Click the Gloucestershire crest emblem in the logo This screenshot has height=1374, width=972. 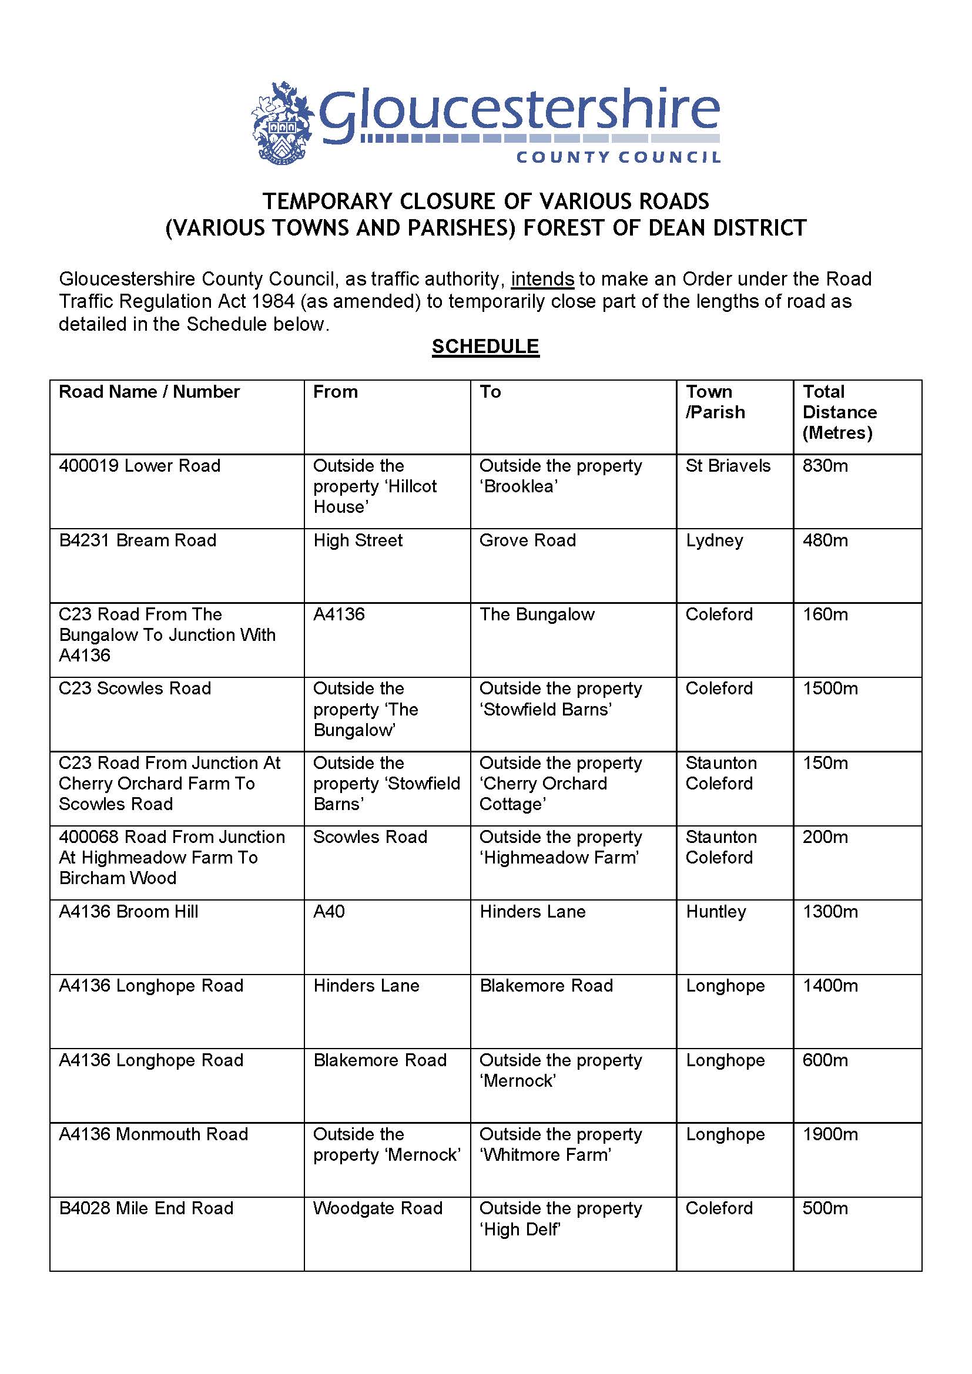coord(282,123)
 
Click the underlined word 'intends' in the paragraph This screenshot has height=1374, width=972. coord(542,279)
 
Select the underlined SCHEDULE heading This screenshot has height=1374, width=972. coord(485,347)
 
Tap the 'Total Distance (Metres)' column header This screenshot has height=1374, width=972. coord(839,412)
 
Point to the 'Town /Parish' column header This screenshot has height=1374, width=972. coord(715,402)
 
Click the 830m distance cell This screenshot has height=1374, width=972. coord(824,466)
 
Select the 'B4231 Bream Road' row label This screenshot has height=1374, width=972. coord(138,540)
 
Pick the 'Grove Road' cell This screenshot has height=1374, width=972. coord(527,540)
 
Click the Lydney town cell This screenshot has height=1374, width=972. coord(714,540)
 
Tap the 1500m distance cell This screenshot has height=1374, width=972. coord(830,688)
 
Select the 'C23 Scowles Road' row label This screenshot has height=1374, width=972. coord(135,688)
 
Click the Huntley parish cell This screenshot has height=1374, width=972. coord(716,912)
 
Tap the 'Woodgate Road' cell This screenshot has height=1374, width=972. coord(378,1208)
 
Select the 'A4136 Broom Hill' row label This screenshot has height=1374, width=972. coord(129,912)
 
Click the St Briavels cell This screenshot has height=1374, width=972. coord(728,466)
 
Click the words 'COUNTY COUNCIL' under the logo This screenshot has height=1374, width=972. coord(618,157)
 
